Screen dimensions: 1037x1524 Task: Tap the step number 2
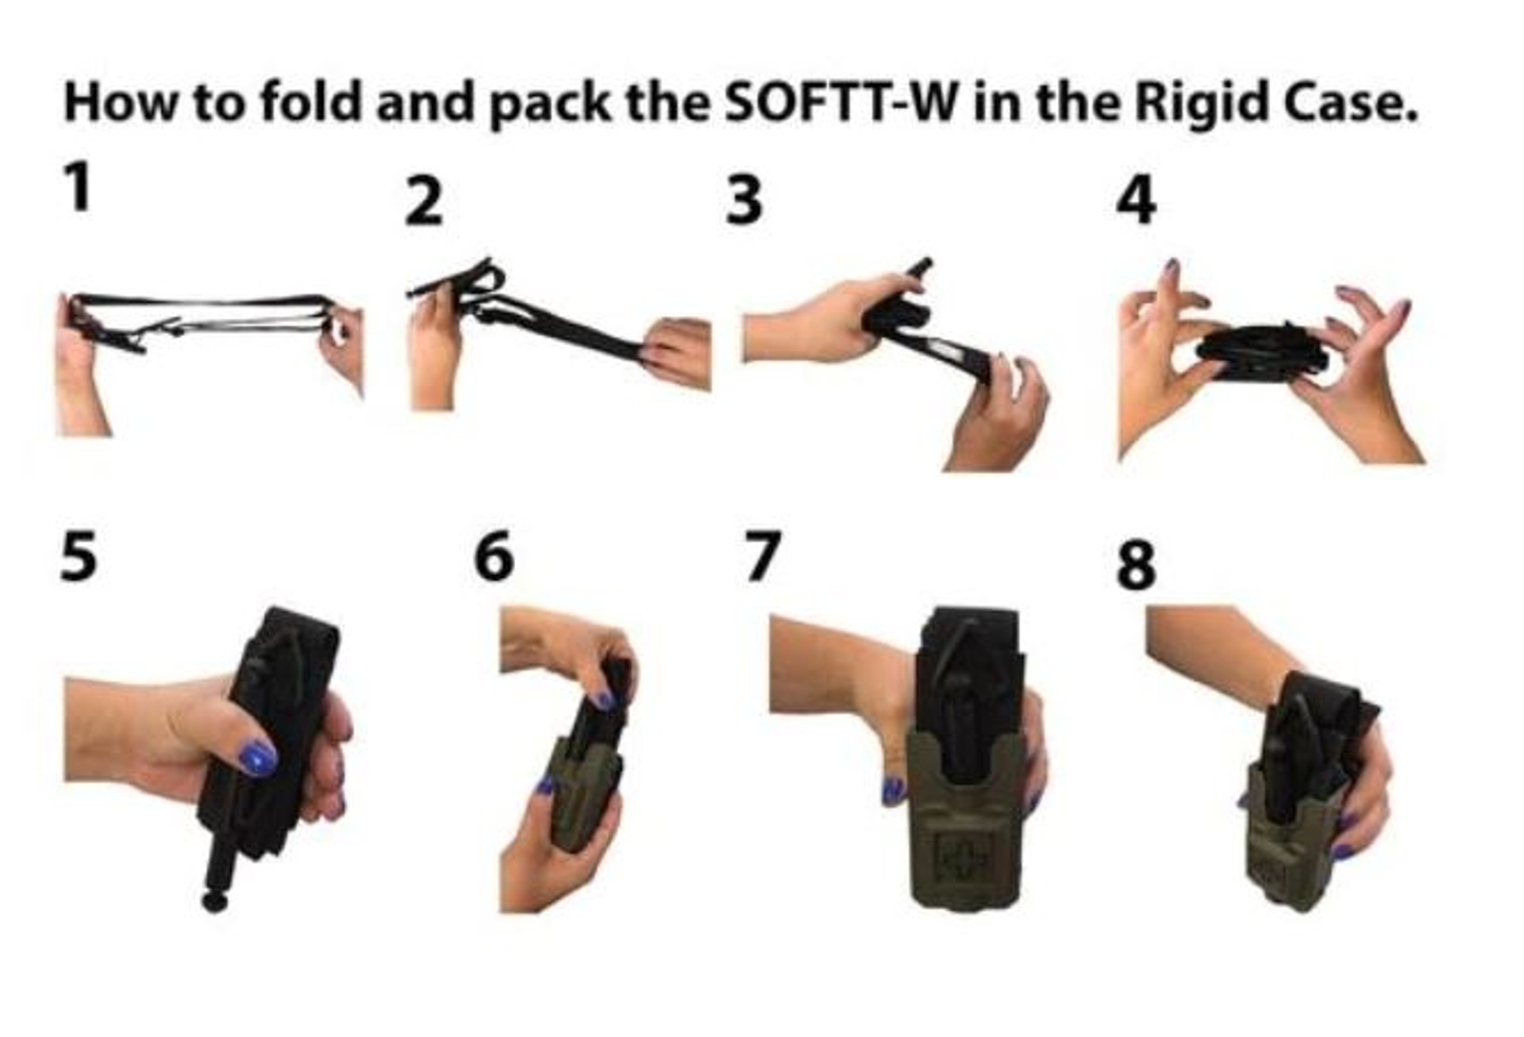423,202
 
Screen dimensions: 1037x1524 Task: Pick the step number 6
493,556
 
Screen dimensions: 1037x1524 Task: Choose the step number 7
763,556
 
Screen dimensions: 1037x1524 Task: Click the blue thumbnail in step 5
257,758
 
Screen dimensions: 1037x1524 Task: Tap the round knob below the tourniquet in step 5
214,901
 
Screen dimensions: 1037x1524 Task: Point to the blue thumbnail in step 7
893,789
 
